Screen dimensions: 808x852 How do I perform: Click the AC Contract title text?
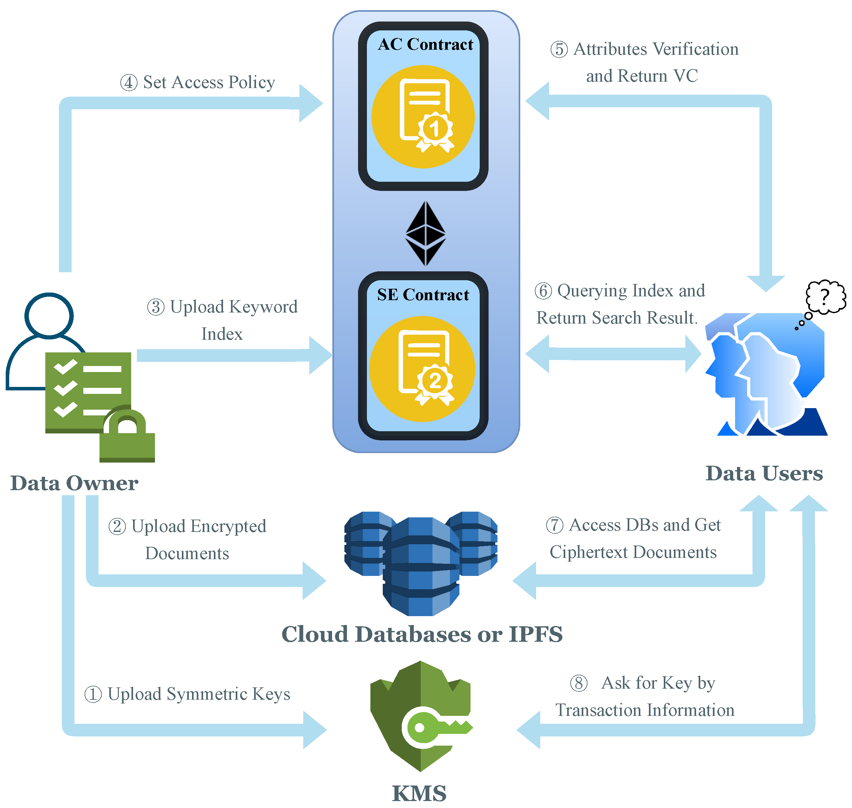coord(425,44)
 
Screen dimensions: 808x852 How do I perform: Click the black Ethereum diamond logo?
coord(425,233)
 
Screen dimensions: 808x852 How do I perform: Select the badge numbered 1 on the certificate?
coord(435,128)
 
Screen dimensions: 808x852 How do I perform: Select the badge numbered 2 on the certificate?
coord(434,380)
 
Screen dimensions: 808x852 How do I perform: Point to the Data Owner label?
coord(74,483)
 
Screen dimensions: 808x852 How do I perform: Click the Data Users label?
coord(764,473)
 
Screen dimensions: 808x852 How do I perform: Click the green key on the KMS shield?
coord(435,728)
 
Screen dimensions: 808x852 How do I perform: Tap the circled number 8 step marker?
coord(578,683)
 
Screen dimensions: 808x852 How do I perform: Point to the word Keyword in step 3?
coord(263,307)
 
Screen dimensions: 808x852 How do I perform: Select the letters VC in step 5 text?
coord(685,76)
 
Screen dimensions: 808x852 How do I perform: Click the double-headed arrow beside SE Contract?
coord(613,354)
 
